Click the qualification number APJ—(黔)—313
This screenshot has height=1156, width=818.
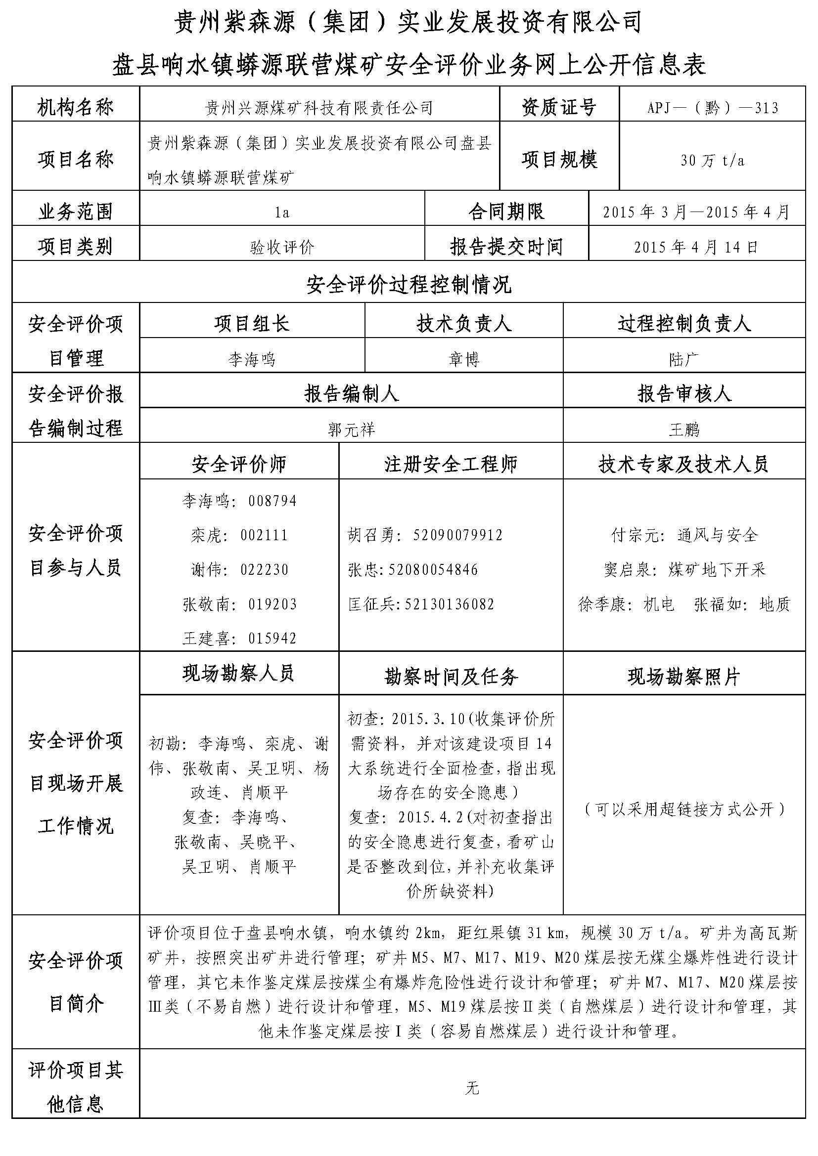click(x=712, y=108)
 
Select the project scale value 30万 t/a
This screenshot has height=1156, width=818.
click(x=712, y=161)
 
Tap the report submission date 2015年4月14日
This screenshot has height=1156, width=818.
click(x=696, y=247)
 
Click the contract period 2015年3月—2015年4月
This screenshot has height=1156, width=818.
click(x=696, y=212)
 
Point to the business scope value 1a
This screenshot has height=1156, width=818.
click(x=282, y=213)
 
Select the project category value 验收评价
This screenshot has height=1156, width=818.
click(x=282, y=247)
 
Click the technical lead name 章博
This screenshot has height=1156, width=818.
click(x=463, y=359)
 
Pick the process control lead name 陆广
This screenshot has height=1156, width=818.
click(x=683, y=359)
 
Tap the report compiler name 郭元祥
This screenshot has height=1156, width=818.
click(x=351, y=429)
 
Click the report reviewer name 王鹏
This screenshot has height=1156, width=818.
click(x=683, y=429)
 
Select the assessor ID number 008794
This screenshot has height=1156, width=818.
click(x=273, y=501)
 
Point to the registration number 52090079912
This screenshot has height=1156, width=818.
click(x=458, y=535)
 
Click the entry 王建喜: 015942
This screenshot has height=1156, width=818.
click(x=239, y=639)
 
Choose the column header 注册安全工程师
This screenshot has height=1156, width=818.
click(x=451, y=464)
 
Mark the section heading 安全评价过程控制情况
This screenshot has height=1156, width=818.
click(x=409, y=285)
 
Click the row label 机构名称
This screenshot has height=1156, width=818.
click(x=76, y=107)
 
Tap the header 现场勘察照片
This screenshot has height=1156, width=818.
click(x=683, y=677)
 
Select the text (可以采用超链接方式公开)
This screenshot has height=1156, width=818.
click(x=683, y=809)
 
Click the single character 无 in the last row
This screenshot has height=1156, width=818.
click(x=471, y=1088)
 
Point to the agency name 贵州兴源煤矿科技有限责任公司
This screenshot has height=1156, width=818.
click(x=319, y=108)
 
